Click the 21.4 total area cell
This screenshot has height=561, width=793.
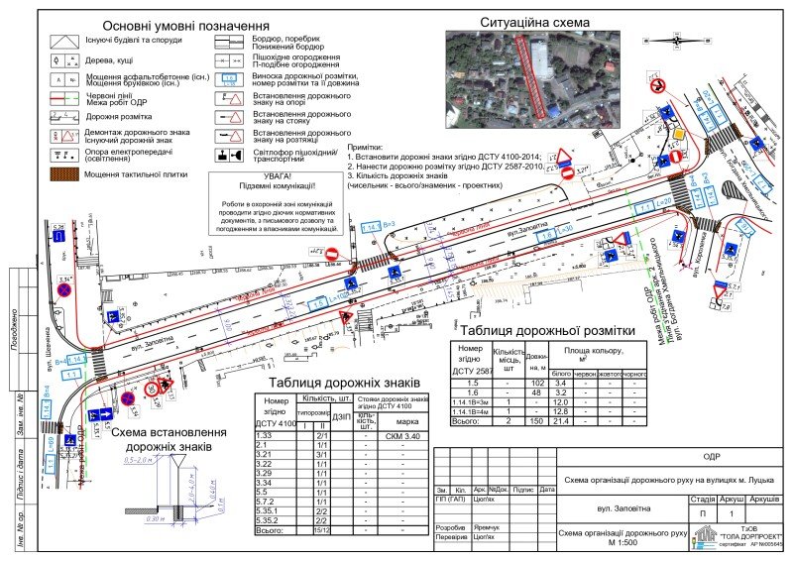point(560,421)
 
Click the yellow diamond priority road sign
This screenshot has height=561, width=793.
point(680,134)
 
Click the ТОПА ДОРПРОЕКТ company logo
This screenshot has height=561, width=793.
point(706,537)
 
